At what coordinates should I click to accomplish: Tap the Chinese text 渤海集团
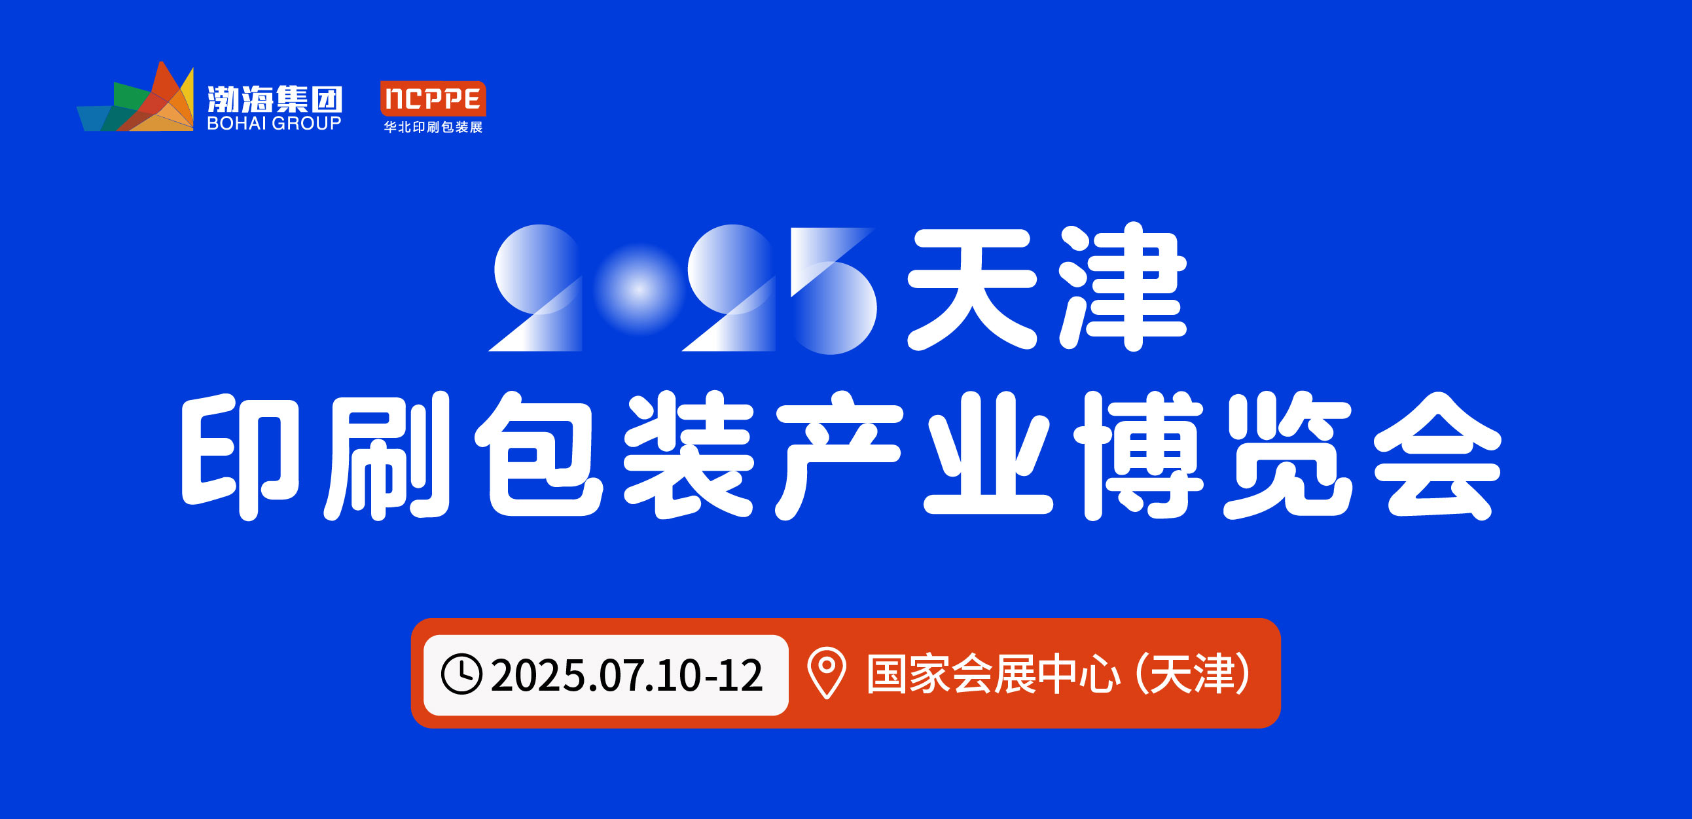(x=275, y=100)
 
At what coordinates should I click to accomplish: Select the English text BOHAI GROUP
(x=274, y=124)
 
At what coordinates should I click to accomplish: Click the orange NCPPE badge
(x=433, y=98)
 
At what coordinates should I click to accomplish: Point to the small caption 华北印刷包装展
(x=433, y=128)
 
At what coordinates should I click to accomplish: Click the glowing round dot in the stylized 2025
(x=638, y=289)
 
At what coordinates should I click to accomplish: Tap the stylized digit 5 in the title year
(x=833, y=290)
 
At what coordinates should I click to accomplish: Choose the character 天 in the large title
(x=972, y=289)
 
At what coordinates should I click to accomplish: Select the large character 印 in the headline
(x=240, y=457)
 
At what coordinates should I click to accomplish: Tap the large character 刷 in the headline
(x=387, y=456)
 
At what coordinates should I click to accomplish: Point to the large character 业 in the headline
(x=988, y=454)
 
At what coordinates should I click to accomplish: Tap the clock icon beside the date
(x=461, y=674)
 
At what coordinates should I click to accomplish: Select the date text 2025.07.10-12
(x=626, y=675)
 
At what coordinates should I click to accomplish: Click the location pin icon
(x=827, y=673)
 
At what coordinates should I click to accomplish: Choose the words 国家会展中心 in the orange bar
(x=993, y=674)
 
